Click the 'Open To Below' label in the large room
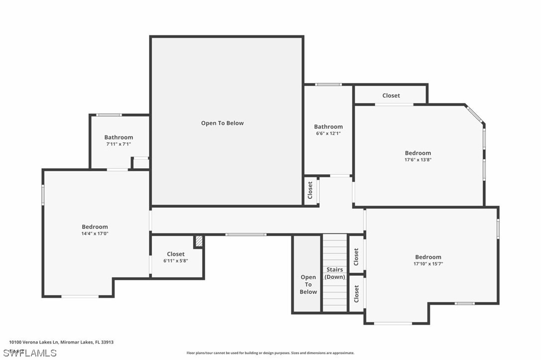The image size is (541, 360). coord(222,123)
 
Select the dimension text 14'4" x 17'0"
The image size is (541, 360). coord(95,233)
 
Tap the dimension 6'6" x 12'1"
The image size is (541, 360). coord(328,133)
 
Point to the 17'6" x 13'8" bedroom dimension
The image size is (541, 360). coord(417,160)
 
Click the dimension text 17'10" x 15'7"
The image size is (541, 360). coord(428,264)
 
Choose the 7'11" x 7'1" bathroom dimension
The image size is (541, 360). coord(119,144)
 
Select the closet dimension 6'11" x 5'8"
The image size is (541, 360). coord(175,260)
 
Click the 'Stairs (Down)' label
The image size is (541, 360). coord(335,273)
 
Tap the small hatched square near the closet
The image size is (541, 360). coord(199,241)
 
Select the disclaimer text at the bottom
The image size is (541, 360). coord(270,353)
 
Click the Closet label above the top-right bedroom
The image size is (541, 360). coord(391,96)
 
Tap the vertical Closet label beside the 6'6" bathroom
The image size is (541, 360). coord(310,190)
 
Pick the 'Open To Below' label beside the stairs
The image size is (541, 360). coord(308,284)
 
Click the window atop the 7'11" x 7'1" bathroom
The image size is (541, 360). coord(109,115)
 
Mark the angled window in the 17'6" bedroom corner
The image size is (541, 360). coord(474,114)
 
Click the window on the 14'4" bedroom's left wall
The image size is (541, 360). coord(43,195)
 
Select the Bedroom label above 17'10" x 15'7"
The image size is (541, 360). coord(428,257)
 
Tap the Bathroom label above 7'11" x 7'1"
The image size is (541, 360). coord(119,137)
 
